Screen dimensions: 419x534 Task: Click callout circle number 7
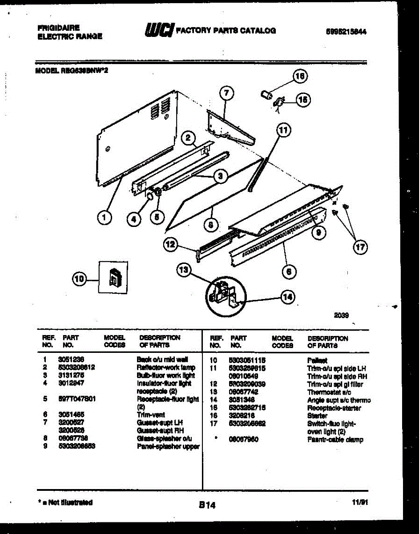226,93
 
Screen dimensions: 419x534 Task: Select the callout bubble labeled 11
283,130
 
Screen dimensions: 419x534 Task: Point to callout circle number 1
104,218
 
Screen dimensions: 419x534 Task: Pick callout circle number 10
79,279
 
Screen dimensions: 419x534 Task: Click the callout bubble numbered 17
360,247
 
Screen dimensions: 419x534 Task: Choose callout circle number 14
288,297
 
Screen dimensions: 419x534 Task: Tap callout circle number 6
289,271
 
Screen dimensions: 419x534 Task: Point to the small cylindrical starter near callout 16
267,95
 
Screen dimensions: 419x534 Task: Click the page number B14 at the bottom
207,505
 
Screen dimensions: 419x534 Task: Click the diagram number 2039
342,316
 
